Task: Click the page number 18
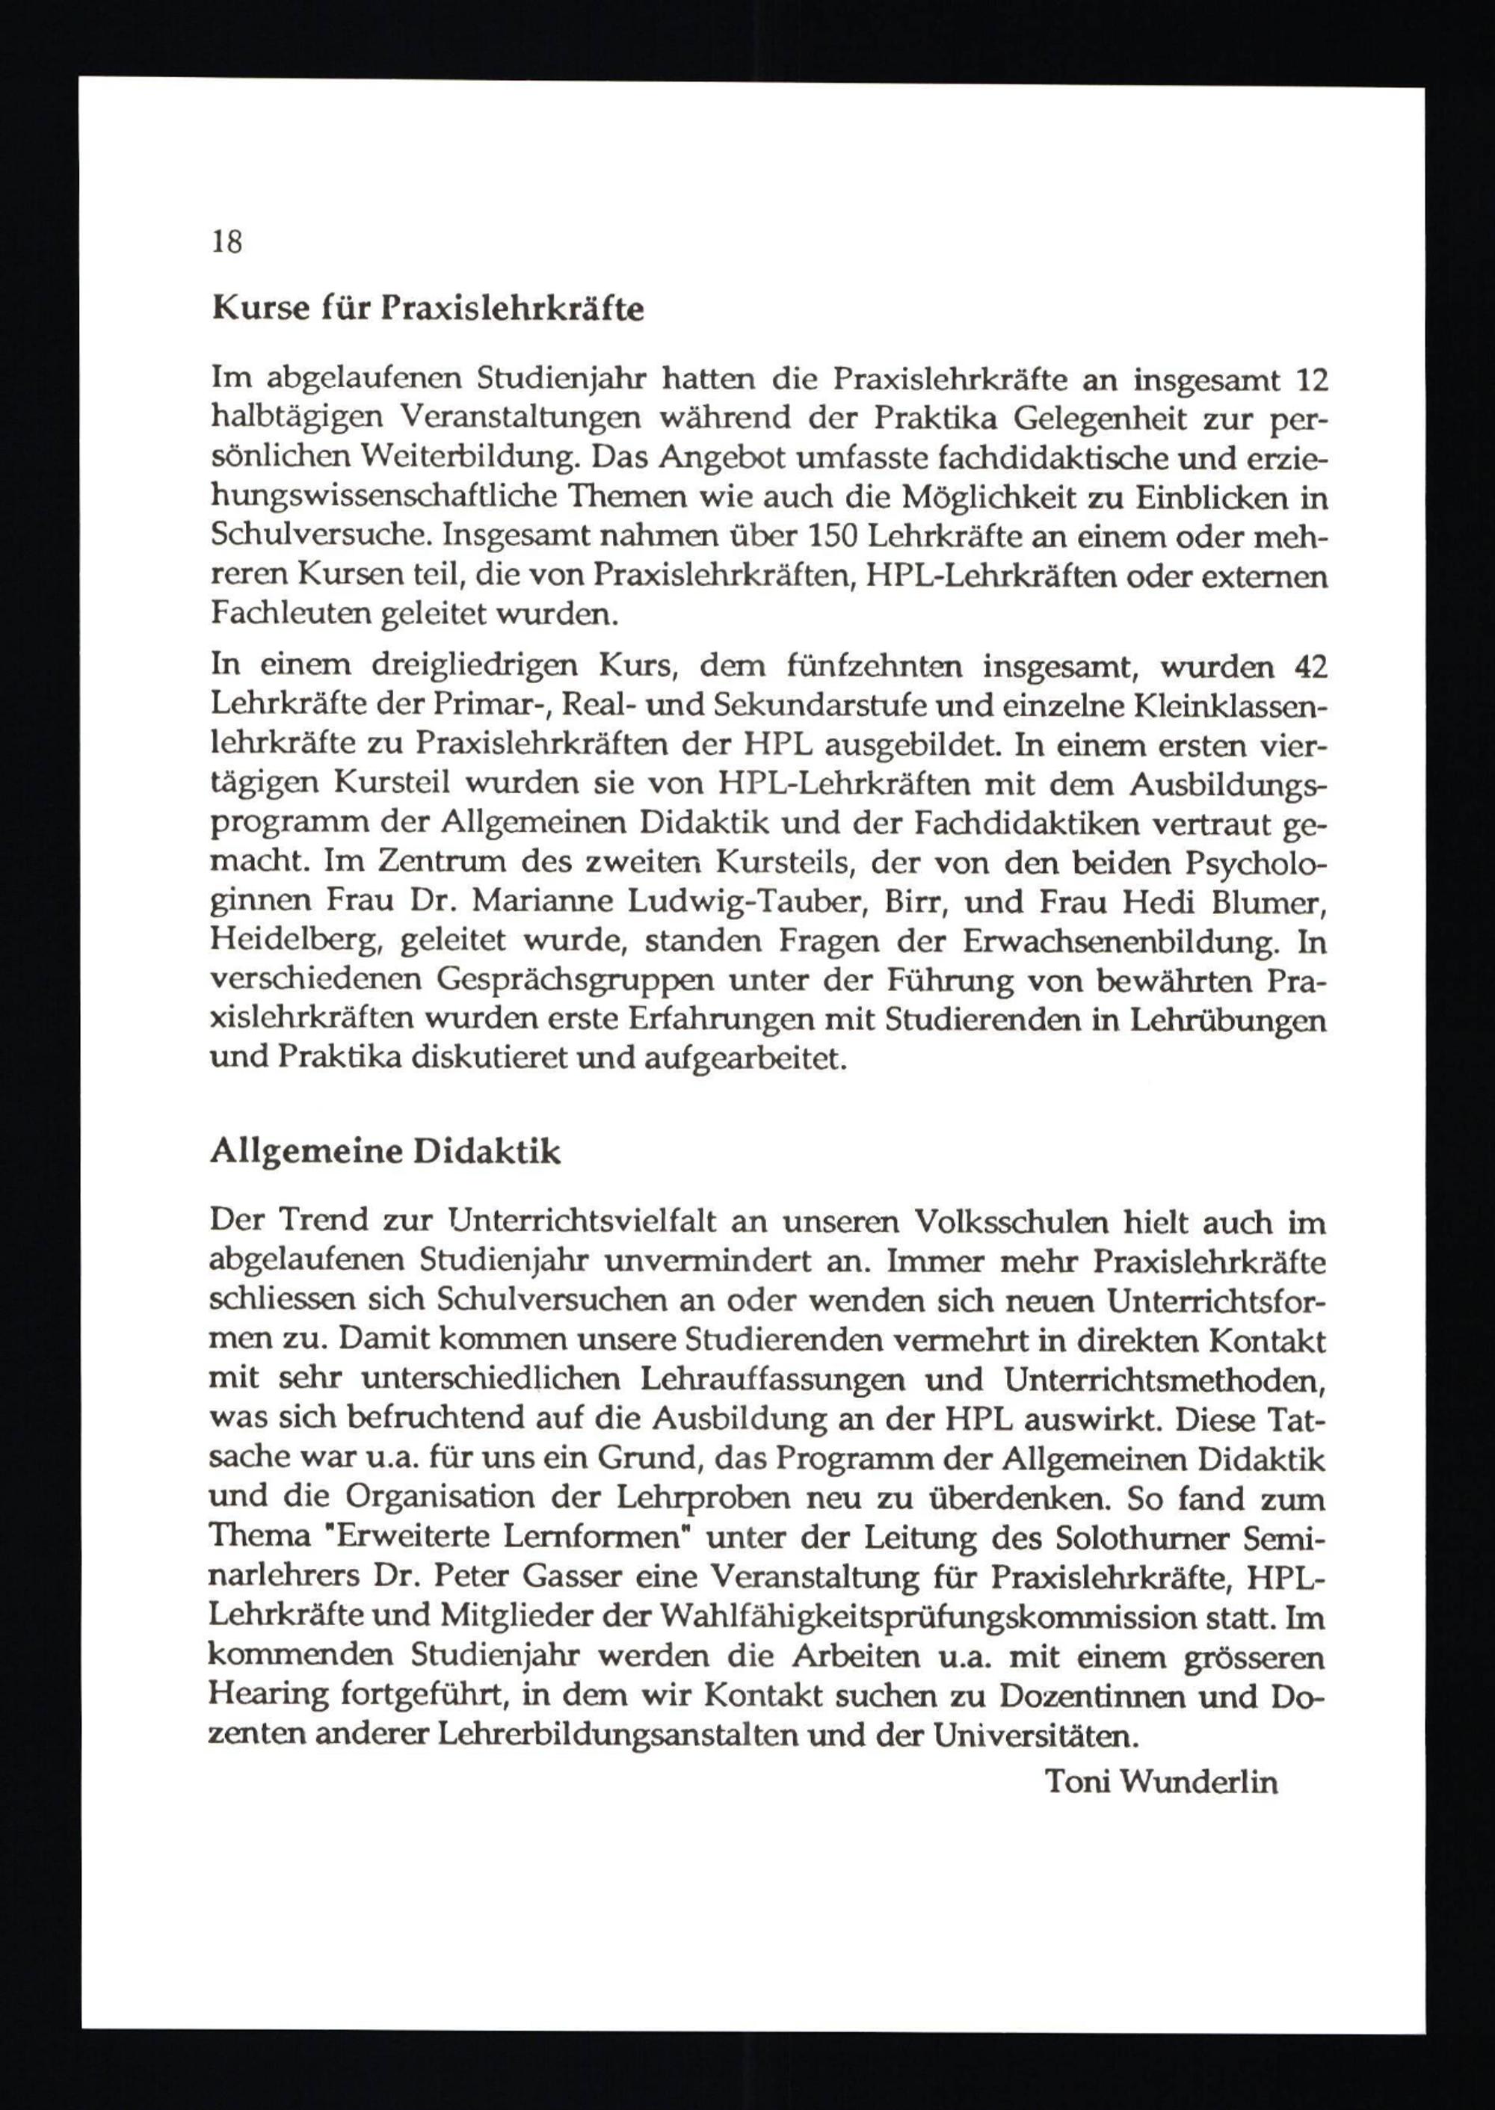coord(227,242)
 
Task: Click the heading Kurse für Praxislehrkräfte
coord(428,309)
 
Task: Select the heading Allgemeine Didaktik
coord(385,1152)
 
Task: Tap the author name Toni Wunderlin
coord(1162,1781)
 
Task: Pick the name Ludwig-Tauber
coord(747,903)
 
